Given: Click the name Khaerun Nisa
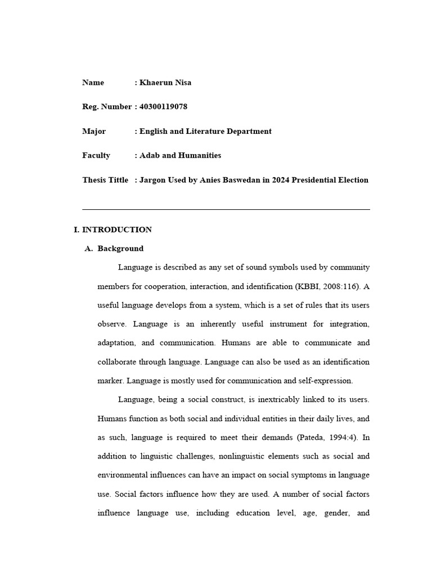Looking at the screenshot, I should [165, 83].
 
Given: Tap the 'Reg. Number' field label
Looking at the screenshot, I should [107, 107].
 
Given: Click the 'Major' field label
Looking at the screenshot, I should [94, 131].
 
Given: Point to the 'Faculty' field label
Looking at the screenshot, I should [96, 155].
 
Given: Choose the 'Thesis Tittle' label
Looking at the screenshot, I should [105, 180].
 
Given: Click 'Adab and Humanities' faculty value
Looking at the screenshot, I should [180, 155].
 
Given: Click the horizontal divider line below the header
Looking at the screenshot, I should [226, 209].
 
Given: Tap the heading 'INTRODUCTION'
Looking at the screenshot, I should [117, 229].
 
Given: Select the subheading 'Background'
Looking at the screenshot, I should [120, 249].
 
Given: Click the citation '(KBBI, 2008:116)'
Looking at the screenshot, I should [327, 286].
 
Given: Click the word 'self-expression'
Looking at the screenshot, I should [326, 381].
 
